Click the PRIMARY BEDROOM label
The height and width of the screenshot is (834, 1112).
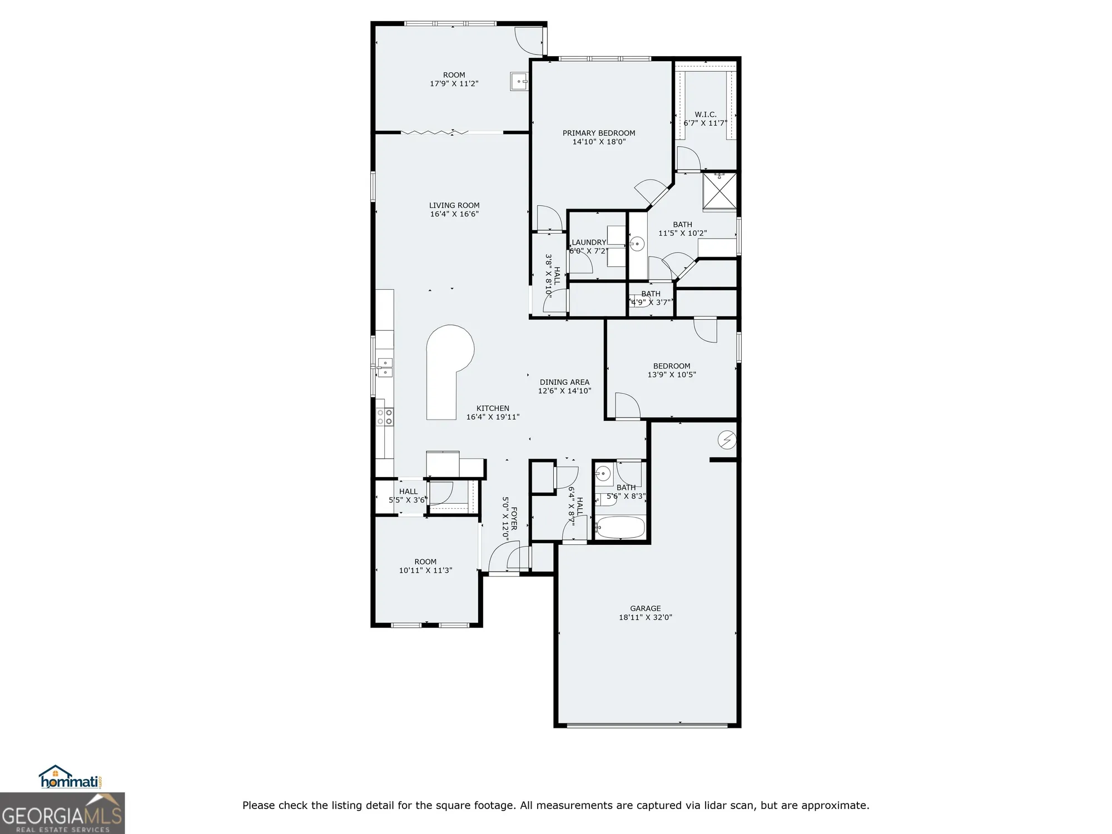point(599,133)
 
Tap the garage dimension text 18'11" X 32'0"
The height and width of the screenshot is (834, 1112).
point(646,617)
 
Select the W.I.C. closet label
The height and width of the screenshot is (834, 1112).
point(705,115)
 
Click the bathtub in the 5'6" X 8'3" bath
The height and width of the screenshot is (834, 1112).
point(620,528)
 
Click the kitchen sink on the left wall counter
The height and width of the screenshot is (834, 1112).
point(385,368)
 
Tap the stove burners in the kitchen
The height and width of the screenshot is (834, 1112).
point(385,416)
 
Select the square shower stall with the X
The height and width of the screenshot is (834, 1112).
point(719,192)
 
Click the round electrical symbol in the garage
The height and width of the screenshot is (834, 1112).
point(727,440)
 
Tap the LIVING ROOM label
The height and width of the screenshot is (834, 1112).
point(454,205)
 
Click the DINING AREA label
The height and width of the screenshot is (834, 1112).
point(564,382)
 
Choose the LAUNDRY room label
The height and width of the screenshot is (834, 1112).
point(589,242)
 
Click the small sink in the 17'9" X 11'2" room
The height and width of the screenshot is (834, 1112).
point(519,82)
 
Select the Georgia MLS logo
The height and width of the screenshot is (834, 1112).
point(62,814)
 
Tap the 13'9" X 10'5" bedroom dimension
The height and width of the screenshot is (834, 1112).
point(672,375)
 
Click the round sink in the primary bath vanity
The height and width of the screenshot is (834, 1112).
point(637,244)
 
